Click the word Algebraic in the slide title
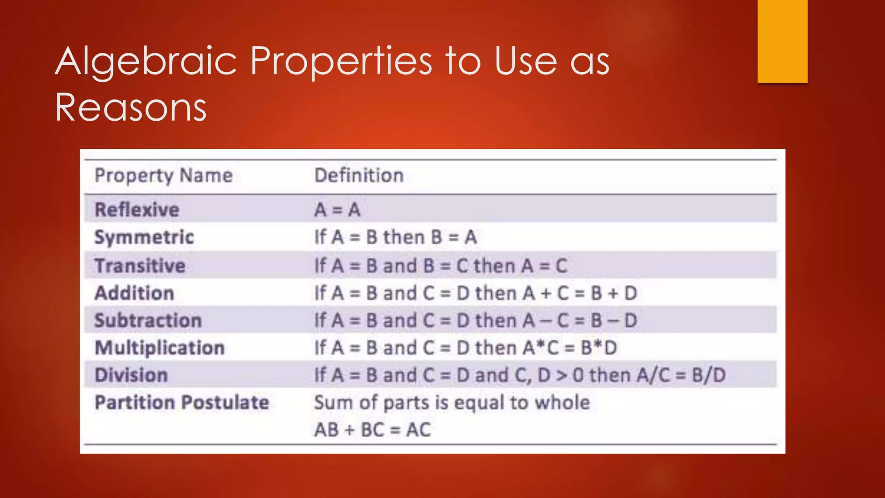point(146,61)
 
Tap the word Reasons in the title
point(131,107)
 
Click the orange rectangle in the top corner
point(782,41)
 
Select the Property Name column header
point(163,176)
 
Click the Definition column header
point(359,176)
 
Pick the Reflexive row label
point(137,210)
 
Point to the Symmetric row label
point(144,237)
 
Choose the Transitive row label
point(140,265)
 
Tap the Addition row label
point(134,293)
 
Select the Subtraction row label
point(148,320)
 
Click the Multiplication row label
point(159,348)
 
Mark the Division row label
point(131,375)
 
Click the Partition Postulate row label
point(181,402)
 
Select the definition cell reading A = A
point(337,210)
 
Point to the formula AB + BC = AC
point(372,430)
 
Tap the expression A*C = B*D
point(570,348)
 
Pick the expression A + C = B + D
point(579,293)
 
